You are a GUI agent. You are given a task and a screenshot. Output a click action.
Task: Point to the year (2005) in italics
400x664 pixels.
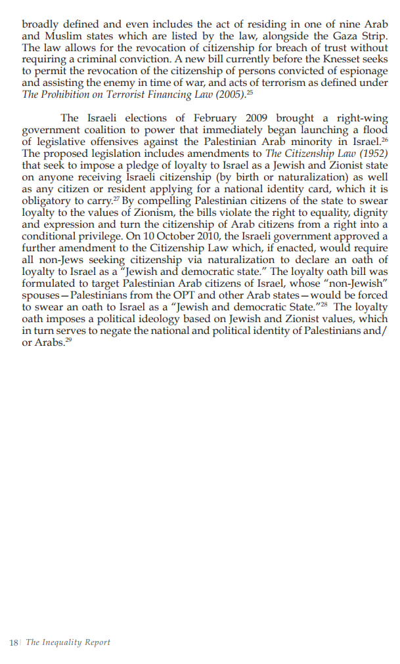click(x=227, y=95)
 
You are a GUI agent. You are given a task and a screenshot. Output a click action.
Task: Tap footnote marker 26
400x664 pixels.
click(x=385, y=139)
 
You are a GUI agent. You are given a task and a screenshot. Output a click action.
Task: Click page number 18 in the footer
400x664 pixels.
click(x=13, y=642)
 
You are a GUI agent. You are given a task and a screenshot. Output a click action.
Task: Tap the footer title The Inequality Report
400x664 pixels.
click(x=68, y=642)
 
